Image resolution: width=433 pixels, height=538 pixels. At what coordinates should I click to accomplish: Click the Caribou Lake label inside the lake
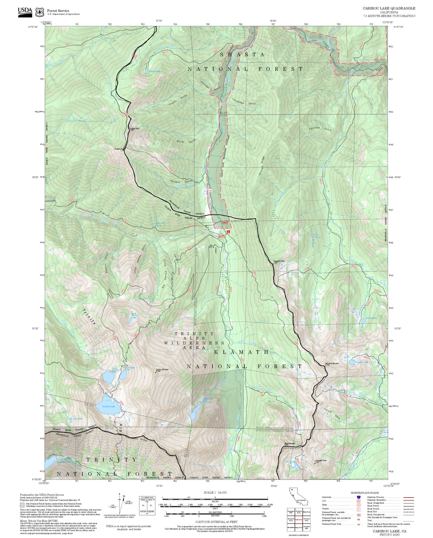(x=108, y=406)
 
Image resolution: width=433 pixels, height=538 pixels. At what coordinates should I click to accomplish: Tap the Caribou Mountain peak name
(x=162, y=369)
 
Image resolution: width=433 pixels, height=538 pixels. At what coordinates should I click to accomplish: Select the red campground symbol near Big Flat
(x=228, y=232)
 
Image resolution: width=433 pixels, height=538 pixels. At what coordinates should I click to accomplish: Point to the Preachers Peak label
(x=279, y=261)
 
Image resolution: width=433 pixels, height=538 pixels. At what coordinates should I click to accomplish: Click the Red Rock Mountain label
(x=332, y=363)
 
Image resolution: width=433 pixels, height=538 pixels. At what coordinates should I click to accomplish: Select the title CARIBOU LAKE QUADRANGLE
(x=389, y=8)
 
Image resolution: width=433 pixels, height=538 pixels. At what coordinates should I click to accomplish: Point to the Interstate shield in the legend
(x=358, y=497)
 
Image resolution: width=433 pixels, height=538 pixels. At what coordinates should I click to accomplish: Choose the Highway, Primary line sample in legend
(x=408, y=497)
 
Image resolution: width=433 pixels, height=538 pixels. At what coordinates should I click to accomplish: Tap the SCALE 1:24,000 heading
(x=215, y=492)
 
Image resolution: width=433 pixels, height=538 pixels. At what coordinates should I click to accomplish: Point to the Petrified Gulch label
(x=320, y=128)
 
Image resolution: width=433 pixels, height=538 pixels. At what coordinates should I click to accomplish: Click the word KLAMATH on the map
(x=241, y=352)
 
